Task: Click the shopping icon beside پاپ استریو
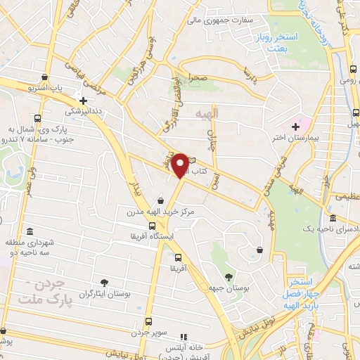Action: tap(45, 77)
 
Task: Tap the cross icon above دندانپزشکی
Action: tap(84, 101)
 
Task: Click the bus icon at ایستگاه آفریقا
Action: tap(153, 225)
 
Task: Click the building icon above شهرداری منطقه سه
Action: tap(29, 232)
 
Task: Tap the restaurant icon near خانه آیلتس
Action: tap(185, 337)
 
